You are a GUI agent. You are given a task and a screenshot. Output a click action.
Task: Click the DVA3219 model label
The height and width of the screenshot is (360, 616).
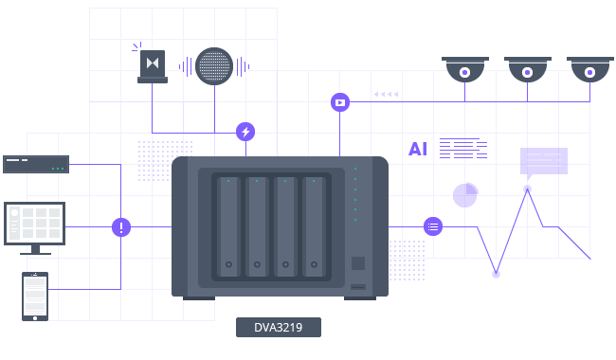[278, 327]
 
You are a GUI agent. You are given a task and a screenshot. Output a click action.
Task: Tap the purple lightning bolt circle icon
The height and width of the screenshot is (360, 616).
[245, 132]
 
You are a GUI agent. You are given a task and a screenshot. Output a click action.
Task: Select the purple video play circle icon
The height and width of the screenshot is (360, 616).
[340, 102]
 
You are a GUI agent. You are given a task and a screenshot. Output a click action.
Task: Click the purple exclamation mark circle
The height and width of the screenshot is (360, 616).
[121, 227]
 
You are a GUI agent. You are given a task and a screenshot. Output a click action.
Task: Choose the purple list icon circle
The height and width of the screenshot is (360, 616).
[433, 226]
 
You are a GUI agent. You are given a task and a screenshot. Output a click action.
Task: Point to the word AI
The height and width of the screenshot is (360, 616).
[418, 149]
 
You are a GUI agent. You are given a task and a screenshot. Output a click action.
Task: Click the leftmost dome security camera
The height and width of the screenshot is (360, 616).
[464, 69]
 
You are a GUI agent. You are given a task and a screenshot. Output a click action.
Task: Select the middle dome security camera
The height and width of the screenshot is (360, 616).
[528, 69]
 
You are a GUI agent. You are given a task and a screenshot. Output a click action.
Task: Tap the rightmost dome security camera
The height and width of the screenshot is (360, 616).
[590, 69]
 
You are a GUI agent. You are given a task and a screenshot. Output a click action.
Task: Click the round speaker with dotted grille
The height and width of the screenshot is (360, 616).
[214, 66]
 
